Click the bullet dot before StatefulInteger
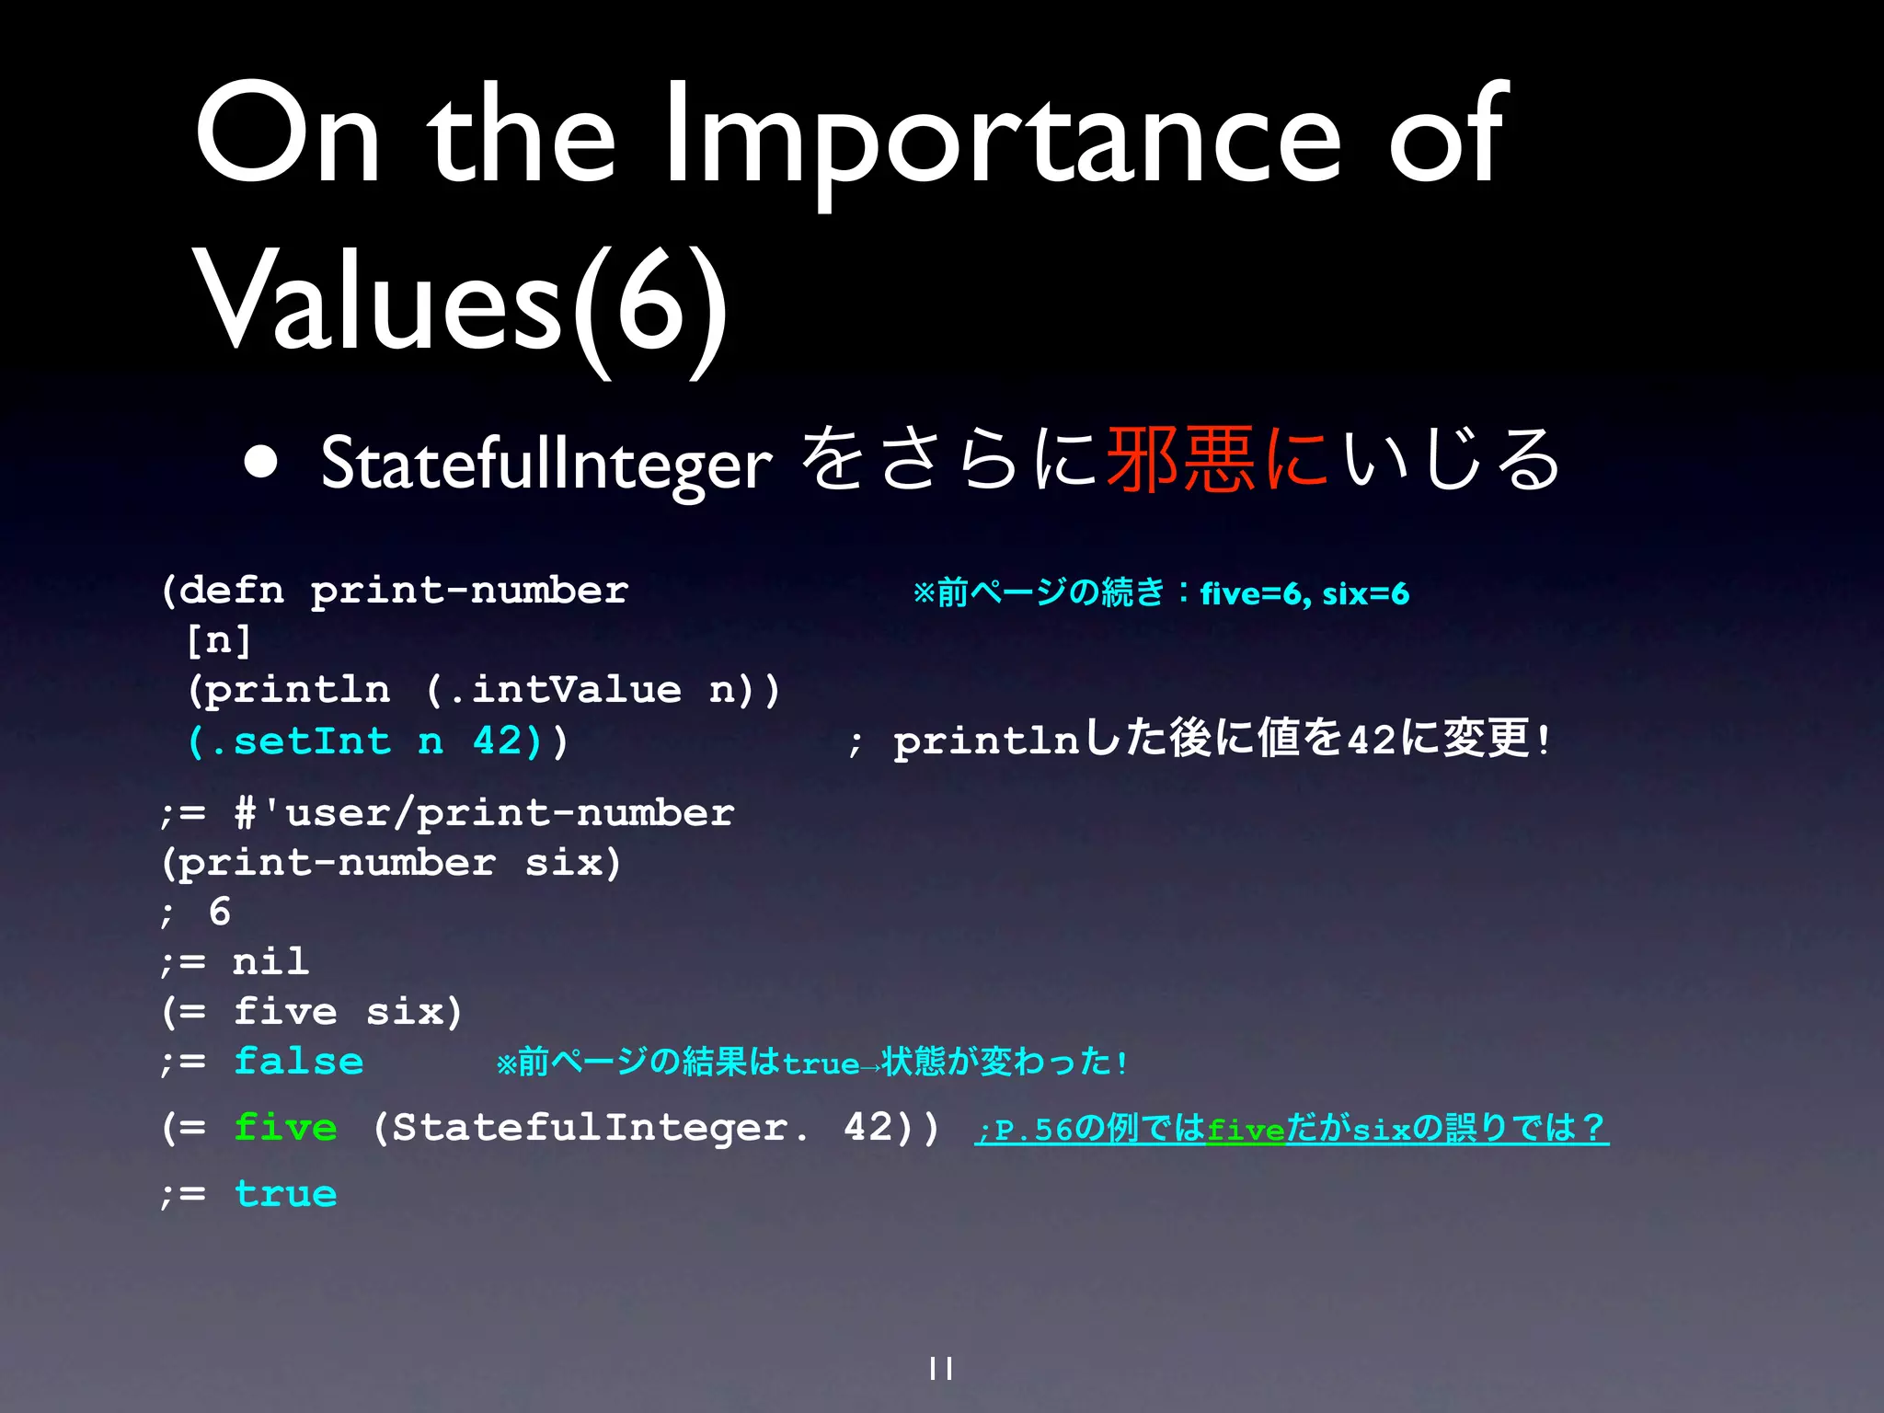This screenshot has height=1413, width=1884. [x=261, y=463]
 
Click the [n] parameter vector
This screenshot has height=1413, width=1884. [x=218, y=640]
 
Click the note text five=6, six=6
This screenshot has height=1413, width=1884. [x=1304, y=594]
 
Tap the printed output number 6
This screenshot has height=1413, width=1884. [x=219, y=913]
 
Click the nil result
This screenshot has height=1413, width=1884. [x=270, y=962]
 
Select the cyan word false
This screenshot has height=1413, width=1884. [x=299, y=1062]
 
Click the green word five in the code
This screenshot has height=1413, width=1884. [x=285, y=1128]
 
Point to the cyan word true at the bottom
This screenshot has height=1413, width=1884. [x=285, y=1194]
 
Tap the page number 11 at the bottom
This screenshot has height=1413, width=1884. [x=941, y=1369]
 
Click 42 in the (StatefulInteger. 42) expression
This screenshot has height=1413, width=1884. [x=870, y=1128]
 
